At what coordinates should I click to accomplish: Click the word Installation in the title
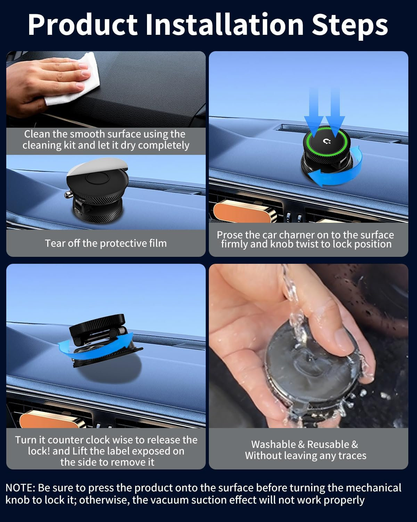(x=224, y=25)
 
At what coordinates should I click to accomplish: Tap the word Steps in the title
(x=350, y=25)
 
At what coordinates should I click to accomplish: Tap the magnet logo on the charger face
(x=327, y=141)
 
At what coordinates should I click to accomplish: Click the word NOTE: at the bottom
(x=21, y=488)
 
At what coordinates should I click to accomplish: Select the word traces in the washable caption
(x=352, y=456)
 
